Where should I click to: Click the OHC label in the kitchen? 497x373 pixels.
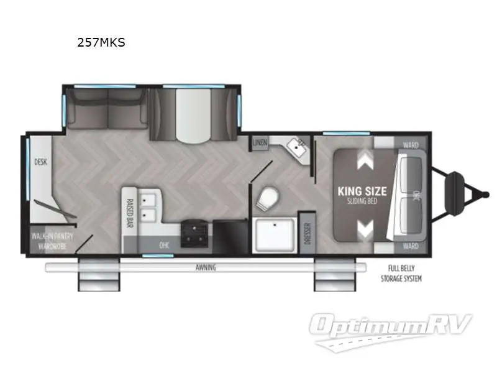click(x=165, y=244)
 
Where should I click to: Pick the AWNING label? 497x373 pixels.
click(x=204, y=267)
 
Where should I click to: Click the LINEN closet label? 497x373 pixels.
click(x=260, y=143)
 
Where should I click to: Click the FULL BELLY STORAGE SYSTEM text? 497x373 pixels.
click(x=401, y=274)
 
